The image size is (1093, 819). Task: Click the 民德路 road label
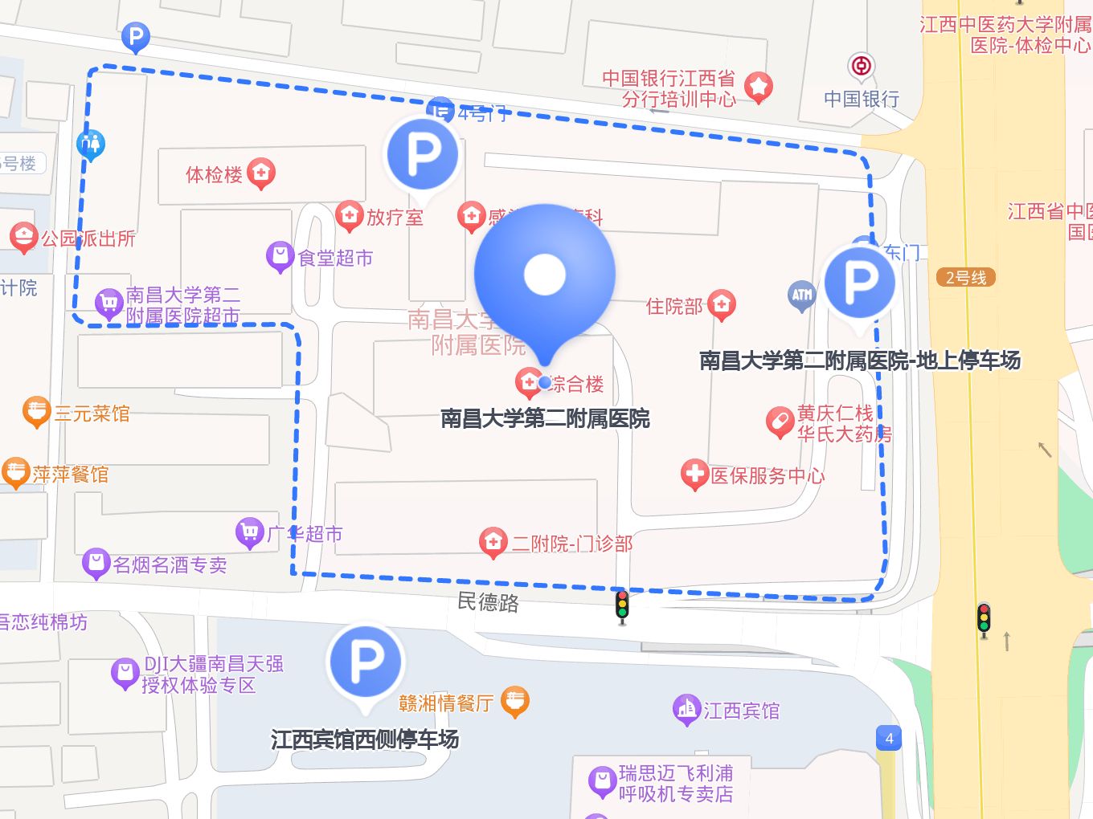tap(488, 601)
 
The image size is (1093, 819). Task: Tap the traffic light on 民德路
tap(622, 606)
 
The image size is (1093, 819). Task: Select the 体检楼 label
tap(214, 174)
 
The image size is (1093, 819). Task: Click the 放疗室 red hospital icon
tap(349, 215)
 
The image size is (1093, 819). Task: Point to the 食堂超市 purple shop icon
tap(280, 256)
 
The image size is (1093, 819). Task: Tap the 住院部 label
tap(674, 306)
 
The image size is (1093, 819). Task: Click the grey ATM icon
tap(801, 295)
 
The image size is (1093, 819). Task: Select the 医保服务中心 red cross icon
tap(694, 474)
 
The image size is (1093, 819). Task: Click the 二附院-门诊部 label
tap(572, 544)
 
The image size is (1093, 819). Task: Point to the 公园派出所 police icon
tap(24, 237)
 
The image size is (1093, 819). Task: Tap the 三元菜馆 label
tap(92, 414)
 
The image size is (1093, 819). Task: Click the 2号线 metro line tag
tap(966, 278)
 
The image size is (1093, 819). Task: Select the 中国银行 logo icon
tap(862, 67)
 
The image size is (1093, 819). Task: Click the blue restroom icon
tap(91, 145)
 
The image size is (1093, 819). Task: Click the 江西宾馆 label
tap(741, 711)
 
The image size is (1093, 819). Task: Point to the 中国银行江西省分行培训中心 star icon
tap(758, 86)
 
